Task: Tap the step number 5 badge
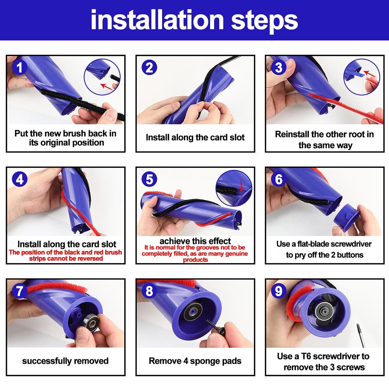[x=149, y=180]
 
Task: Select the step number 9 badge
[x=278, y=291]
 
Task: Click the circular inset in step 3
[x=362, y=74]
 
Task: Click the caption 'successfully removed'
[x=65, y=361]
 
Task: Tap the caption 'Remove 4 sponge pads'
[x=195, y=361]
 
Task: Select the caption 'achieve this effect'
[x=195, y=241]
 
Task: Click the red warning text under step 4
[x=65, y=255]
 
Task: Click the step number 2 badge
[x=149, y=68]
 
